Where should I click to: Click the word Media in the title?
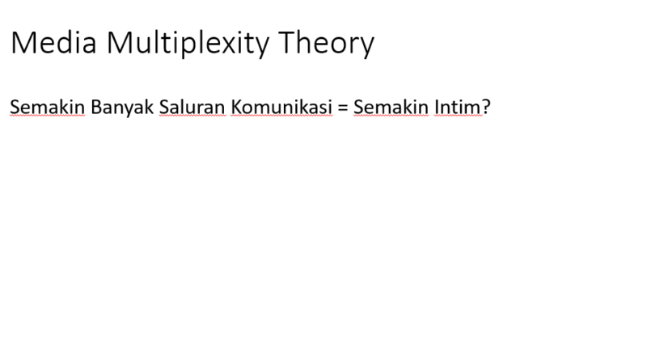(x=53, y=43)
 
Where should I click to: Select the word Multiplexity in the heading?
(x=188, y=44)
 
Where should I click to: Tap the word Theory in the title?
(x=326, y=44)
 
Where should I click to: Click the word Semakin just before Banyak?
(x=47, y=107)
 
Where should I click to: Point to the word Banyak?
(x=122, y=108)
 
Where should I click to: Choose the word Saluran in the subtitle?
(x=192, y=107)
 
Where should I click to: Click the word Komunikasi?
(x=281, y=107)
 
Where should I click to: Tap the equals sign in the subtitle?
(x=342, y=108)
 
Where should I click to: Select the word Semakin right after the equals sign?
(x=391, y=107)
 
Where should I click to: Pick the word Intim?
(x=457, y=107)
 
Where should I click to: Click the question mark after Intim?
(x=486, y=107)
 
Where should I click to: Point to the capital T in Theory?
(x=288, y=42)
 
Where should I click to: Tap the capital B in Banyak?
(x=96, y=107)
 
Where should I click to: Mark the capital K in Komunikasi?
(x=236, y=107)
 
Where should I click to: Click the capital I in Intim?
(x=436, y=107)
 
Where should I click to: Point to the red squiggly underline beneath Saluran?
(x=192, y=116)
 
